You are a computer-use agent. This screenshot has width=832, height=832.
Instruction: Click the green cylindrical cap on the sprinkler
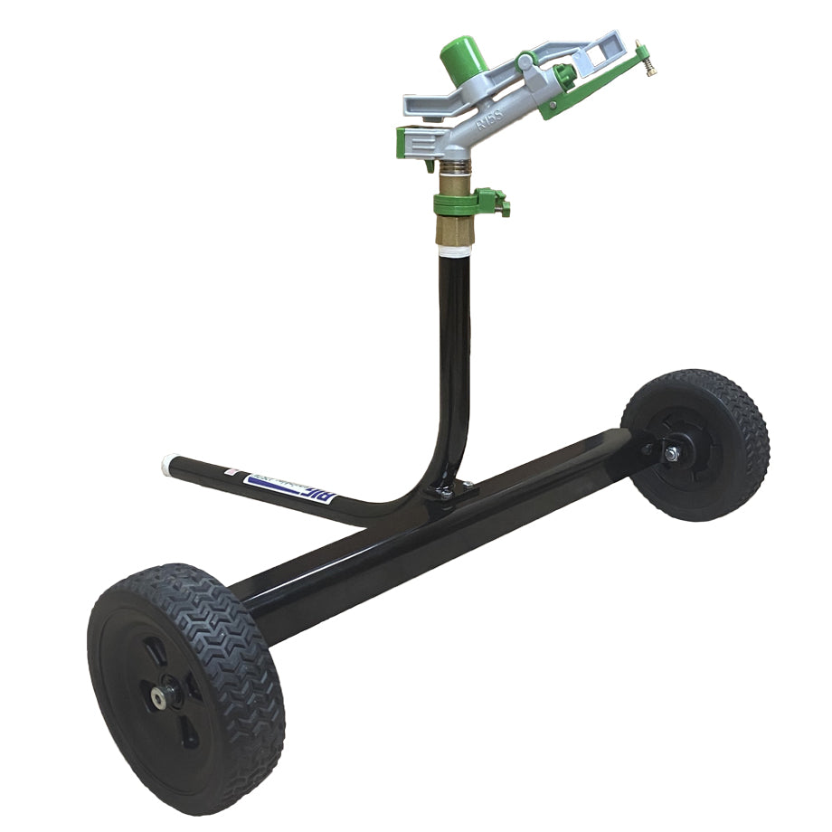[464, 53]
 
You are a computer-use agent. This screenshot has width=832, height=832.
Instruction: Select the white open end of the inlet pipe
[167, 463]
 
